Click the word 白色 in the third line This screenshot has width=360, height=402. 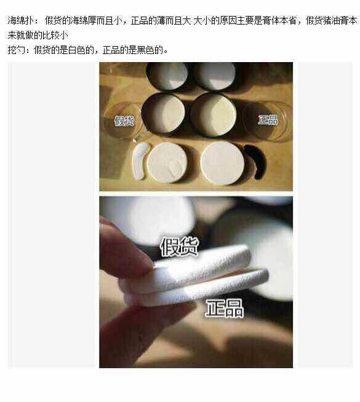pyautogui.click(x=77, y=50)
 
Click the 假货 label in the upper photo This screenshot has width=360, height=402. pyautogui.click(x=124, y=120)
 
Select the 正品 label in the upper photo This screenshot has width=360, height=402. pyautogui.click(x=268, y=120)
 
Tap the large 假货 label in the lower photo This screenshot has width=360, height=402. pyautogui.click(x=179, y=246)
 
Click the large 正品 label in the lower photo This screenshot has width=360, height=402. pyautogui.click(x=225, y=308)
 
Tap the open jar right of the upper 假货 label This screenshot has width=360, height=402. pyautogui.click(x=164, y=114)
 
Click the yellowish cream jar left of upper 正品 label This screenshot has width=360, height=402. pyautogui.click(x=213, y=114)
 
